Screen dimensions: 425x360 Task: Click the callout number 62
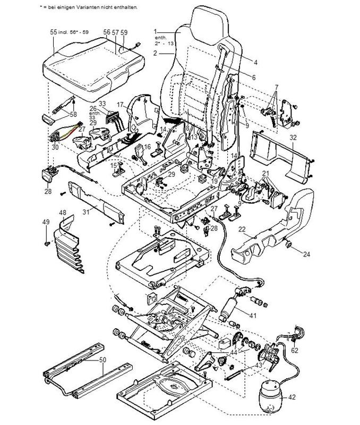[x=295, y=350]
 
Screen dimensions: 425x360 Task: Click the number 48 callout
[x=62, y=213]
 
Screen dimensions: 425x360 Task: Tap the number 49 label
[x=46, y=222]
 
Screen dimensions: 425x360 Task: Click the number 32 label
[x=293, y=138]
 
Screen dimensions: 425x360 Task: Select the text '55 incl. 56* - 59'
[x=70, y=32]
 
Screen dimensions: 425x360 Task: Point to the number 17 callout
[x=120, y=104]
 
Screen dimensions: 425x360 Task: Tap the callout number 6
[x=253, y=77]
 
